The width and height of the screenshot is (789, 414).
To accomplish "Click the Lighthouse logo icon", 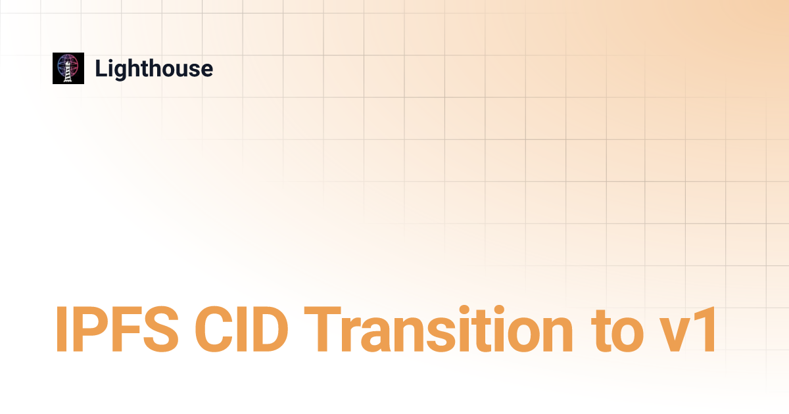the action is (68, 68).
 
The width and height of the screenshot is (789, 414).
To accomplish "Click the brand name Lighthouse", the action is (154, 70).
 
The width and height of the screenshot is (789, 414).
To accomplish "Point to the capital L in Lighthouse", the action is (101, 68).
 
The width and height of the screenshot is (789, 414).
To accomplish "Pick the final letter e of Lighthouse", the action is (205, 70).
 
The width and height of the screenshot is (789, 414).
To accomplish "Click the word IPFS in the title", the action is (116, 329).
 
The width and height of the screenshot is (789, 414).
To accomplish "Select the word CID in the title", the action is (242, 329).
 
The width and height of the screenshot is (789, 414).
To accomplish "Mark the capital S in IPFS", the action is (160, 329).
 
